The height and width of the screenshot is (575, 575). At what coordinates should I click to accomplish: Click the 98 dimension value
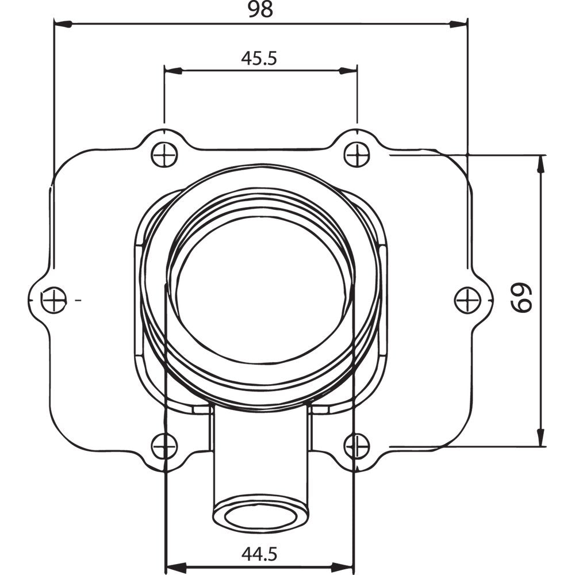coord(260,11)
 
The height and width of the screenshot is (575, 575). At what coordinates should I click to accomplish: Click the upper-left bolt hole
coord(164,155)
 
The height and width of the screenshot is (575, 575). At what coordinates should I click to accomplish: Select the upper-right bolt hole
coord(356,155)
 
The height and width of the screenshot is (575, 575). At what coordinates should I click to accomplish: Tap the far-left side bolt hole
coord(55,300)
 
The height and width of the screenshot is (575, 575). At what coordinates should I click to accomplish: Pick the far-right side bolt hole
coord(467,300)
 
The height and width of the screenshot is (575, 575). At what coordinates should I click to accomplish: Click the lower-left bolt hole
coord(164,446)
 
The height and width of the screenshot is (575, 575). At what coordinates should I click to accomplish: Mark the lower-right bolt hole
coord(356,446)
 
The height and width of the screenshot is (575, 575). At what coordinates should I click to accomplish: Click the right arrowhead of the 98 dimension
coord(458,24)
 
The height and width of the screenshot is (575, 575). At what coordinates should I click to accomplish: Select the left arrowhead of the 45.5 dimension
coord(173,70)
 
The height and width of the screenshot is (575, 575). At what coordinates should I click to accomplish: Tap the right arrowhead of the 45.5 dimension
coord(348,70)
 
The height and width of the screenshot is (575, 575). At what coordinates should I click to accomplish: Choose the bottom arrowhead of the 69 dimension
coord(540,437)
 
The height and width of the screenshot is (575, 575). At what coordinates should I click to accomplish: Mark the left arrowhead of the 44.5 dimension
coord(174,566)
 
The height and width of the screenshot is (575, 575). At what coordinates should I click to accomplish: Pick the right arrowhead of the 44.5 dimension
coord(344,566)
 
